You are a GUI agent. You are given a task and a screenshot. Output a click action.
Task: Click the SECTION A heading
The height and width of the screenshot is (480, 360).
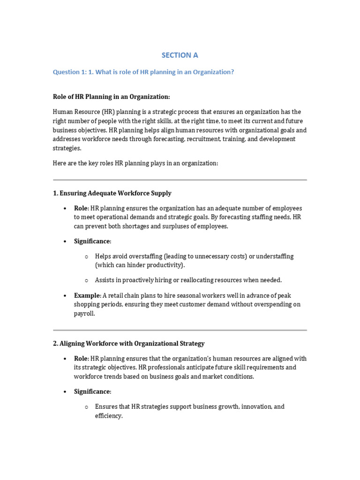pos(180,55)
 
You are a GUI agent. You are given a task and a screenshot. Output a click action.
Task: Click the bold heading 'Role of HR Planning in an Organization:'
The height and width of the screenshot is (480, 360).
pos(111,97)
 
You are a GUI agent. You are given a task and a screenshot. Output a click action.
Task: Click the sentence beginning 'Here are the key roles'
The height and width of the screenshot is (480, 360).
pos(135,163)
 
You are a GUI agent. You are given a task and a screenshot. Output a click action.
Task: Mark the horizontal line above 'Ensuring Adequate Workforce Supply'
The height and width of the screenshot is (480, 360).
pos(180,180)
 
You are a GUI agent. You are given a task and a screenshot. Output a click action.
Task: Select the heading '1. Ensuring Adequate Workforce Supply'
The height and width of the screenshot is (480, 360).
pos(112,193)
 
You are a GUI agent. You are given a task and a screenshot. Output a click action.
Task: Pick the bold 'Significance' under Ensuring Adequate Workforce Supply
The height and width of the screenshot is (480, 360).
pos(92,241)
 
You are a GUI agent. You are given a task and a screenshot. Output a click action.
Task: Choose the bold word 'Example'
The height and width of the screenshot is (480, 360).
pos(87,295)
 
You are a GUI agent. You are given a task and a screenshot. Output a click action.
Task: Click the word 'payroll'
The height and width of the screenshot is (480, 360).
pos(84,314)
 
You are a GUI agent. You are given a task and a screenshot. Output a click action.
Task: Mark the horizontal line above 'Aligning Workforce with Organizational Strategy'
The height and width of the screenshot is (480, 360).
pos(180,330)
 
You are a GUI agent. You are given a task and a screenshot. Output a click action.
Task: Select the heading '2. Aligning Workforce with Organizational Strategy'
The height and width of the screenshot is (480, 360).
pos(128,344)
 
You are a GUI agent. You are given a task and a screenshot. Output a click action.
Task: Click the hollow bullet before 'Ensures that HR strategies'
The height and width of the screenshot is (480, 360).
pos(86,407)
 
